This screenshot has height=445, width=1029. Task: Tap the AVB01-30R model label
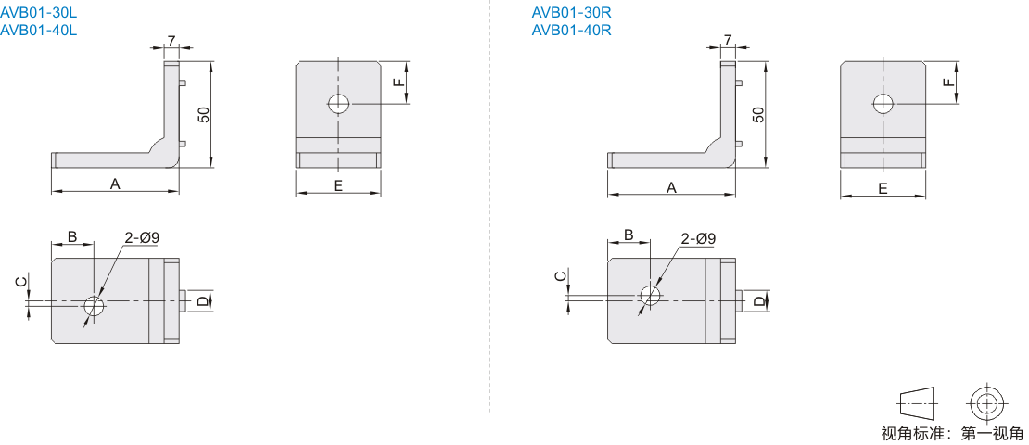(572, 12)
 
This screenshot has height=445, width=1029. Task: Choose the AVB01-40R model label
(572, 31)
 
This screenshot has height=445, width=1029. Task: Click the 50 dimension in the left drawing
(203, 114)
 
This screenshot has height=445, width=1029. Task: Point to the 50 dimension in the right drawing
(758, 114)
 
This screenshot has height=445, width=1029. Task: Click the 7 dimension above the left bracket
(171, 41)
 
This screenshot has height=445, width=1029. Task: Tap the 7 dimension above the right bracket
(728, 41)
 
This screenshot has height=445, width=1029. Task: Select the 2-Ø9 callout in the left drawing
(143, 237)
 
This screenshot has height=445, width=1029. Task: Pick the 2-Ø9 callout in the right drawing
(698, 239)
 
